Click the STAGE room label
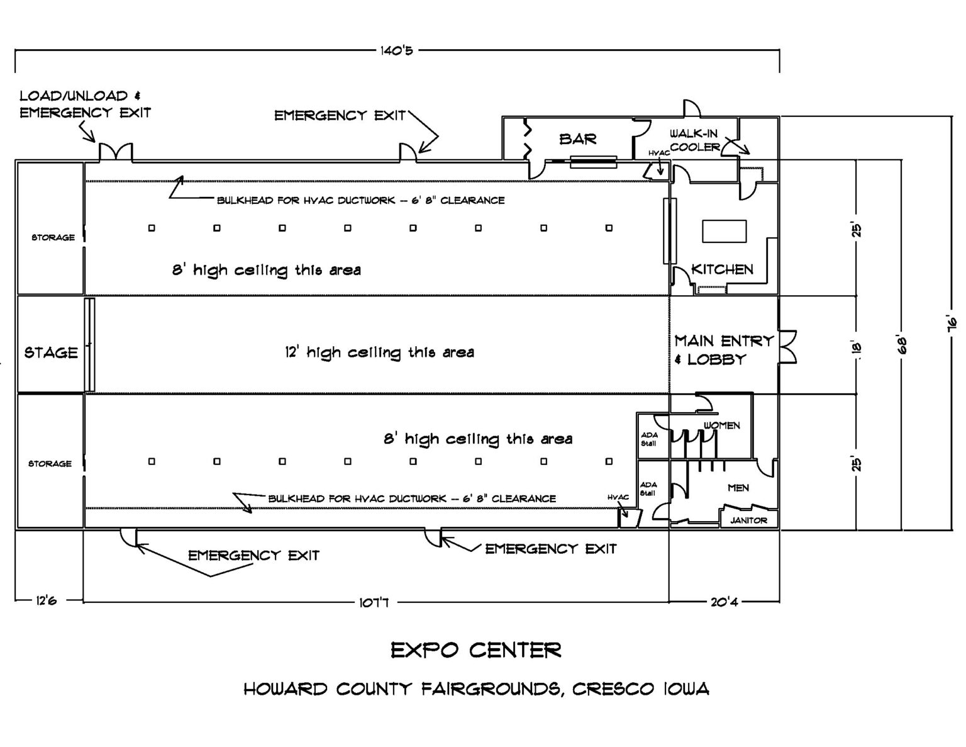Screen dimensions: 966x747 click(x=51, y=352)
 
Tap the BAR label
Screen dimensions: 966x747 click(x=577, y=139)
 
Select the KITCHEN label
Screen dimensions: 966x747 click(x=723, y=269)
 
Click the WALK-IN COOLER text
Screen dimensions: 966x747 click(x=695, y=140)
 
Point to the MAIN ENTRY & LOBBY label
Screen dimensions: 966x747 click(x=724, y=350)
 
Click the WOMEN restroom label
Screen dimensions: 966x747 click(x=722, y=425)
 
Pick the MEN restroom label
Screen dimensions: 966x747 click(x=738, y=488)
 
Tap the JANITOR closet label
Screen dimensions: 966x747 click(x=748, y=520)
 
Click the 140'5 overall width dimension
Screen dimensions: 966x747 click(x=397, y=51)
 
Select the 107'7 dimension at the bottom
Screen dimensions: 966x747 click(x=374, y=602)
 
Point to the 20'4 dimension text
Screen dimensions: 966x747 click(x=724, y=602)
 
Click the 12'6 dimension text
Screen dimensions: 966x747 click(x=47, y=601)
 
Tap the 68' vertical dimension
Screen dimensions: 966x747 click(x=902, y=345)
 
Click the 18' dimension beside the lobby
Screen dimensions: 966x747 click(x=857, y=349)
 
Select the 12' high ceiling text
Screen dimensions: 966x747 click(x=379, y=353)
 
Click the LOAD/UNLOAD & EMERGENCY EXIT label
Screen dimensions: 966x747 click(x=86, y=104)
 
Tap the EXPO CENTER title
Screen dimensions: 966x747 click(x=476, y=651)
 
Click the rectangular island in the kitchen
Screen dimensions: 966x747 click(x=724, y=231)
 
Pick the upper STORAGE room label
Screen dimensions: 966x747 click(x=53, y=237)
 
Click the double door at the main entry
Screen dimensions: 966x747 click(x=788, y=347)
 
